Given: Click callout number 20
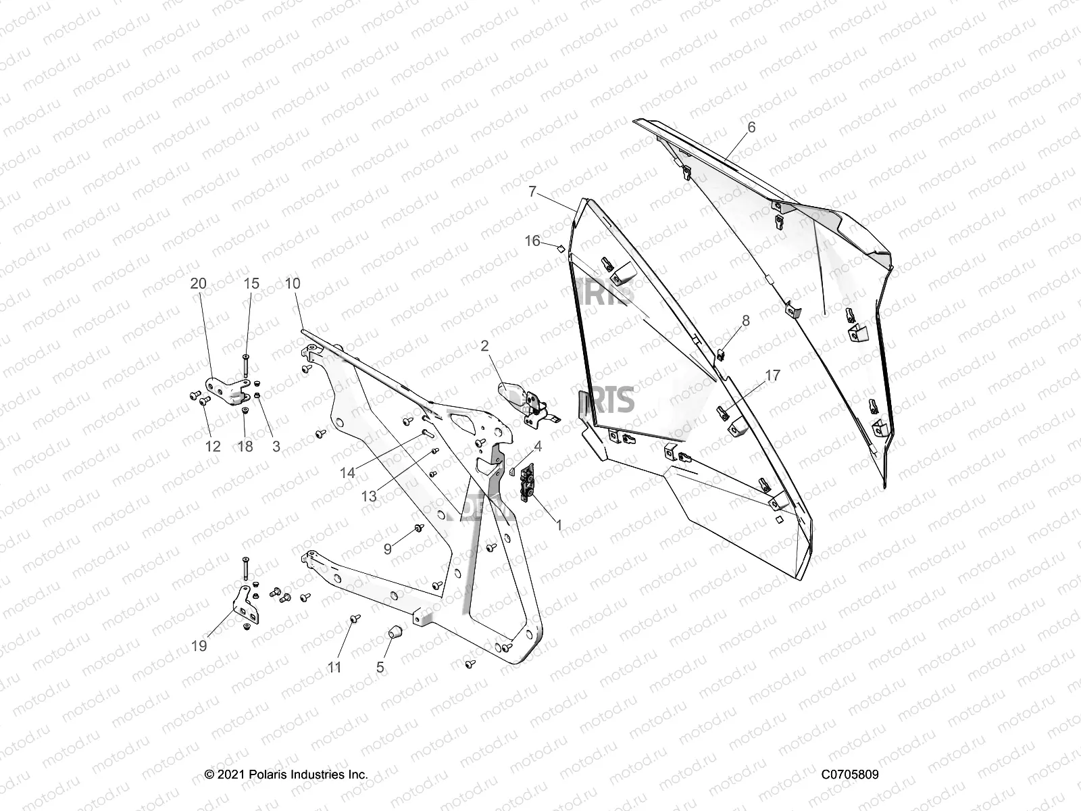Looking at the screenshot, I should coord(198,284).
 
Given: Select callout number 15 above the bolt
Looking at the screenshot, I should coord(251,284).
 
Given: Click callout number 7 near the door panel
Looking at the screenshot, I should coord(532,192).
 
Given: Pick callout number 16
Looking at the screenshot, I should coord(532,241).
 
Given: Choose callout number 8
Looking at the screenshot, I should coord(746,320).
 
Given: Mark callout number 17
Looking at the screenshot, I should coord(773,375).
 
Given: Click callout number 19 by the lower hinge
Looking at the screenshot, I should coord(199,646).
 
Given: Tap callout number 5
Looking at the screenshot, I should coord(380,668).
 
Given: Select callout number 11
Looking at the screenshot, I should coord(334,668).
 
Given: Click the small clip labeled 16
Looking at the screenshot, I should coord(559,249).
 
